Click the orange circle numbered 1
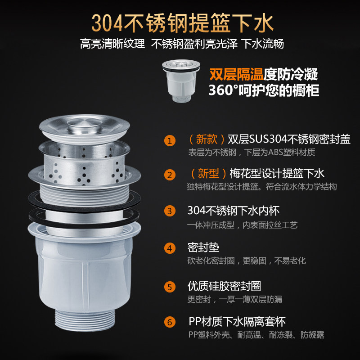click(170, 140)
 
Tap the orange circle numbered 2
click(170, 175)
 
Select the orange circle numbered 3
click(170, 211)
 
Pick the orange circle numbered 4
click(170, 248)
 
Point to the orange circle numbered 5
click(170, 287)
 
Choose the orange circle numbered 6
click(170, 322)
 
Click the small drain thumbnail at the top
click(181, 81)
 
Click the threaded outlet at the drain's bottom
click(85, 320)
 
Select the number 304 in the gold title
click(107, 23)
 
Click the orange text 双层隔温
click(236, 74)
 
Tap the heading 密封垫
click(203, 247)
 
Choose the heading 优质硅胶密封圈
click(224, 286)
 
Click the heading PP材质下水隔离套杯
click(237, 321)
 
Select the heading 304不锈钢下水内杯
click(234, 211)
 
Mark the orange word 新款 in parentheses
click(207, 139)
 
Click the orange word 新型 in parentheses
click(208, 173)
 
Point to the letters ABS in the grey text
click(275, 152)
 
